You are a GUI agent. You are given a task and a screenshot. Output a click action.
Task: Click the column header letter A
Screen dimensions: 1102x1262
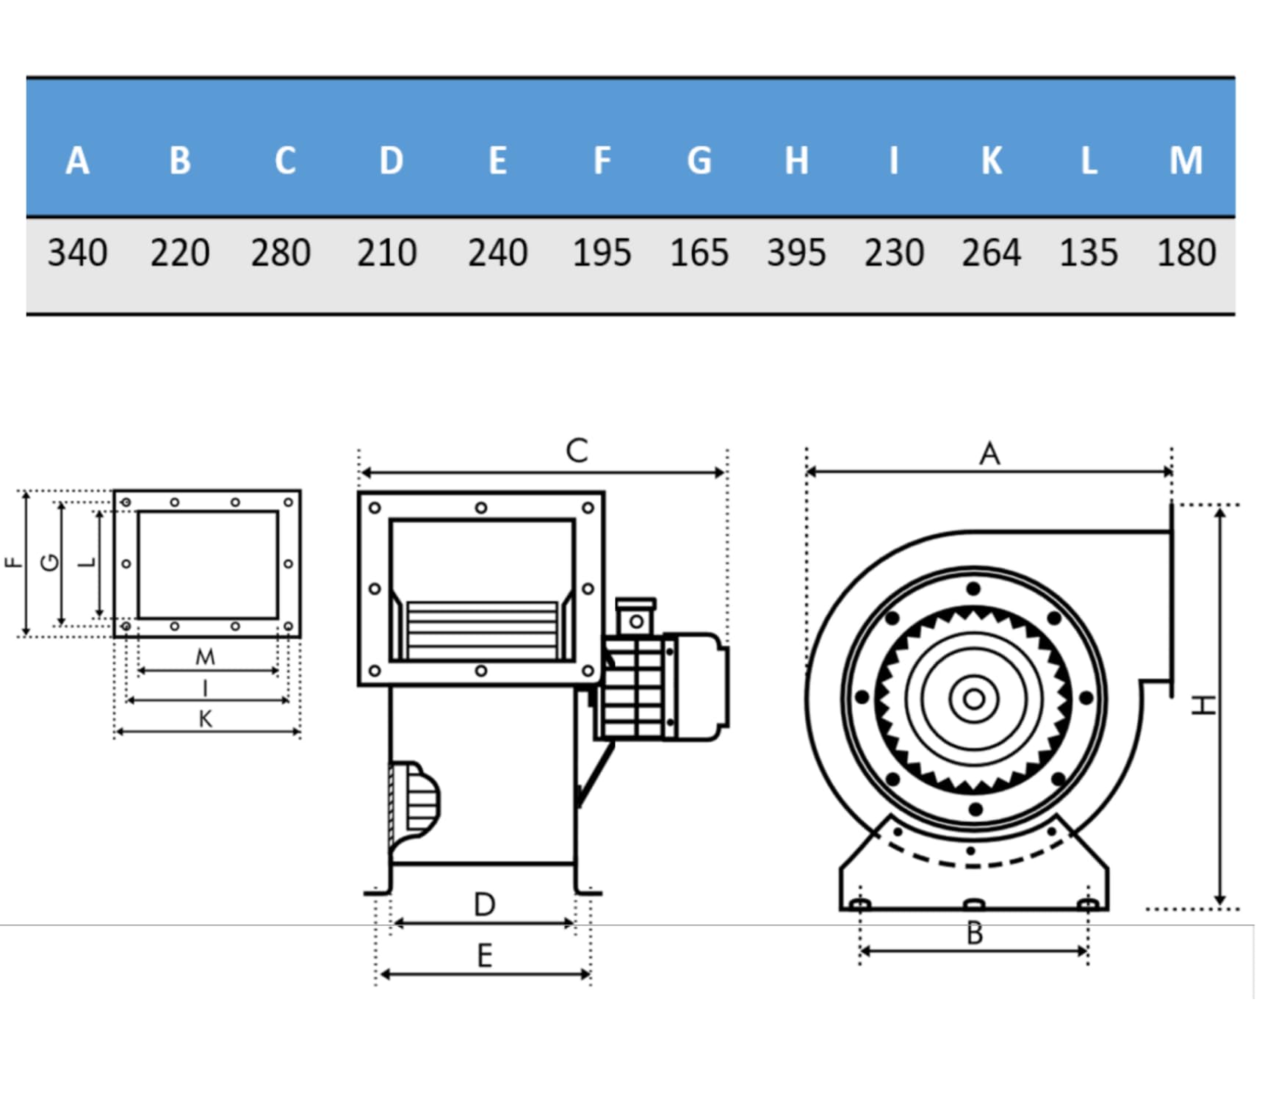coord(77,160)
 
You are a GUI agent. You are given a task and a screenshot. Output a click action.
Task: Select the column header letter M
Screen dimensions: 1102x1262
coord(1186,160)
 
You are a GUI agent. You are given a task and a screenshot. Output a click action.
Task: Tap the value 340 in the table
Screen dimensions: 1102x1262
coord(77,253)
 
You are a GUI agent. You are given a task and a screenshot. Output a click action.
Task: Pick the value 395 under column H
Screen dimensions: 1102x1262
coord(796,253)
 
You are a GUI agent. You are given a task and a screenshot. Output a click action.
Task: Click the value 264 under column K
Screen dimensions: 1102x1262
coord(991,253)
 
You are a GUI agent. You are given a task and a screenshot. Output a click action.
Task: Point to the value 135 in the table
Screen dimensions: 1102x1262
coord(1089,253)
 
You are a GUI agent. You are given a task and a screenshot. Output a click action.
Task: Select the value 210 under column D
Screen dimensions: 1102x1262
coord(387,253)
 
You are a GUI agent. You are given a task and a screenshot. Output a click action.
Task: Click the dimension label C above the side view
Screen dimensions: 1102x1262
coord(577,450)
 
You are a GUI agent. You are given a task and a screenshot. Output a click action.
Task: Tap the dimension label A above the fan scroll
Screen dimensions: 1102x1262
coord(989,453)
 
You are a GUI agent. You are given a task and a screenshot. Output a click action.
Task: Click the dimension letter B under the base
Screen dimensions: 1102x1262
coord(975,933)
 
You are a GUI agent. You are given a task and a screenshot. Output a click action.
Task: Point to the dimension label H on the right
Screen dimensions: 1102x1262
coord(1202,705)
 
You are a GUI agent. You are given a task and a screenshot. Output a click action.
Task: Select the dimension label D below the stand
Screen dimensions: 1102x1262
coord(484,904)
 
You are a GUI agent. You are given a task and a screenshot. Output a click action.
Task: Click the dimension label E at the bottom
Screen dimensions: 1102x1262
coord(484,956)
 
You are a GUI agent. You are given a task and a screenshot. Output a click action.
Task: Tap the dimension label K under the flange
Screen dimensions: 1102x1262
coord(206,719)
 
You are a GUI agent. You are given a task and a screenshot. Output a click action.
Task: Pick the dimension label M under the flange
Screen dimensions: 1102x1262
coord(205,656)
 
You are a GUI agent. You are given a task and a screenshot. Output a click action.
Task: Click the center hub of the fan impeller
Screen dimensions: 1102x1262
coord(974,699)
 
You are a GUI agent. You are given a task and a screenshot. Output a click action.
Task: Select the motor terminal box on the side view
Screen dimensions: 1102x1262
coord(635,617)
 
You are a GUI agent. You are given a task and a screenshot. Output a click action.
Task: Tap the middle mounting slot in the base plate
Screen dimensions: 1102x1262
coord(974,903)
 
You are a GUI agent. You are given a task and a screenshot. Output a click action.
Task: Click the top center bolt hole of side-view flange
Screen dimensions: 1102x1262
coord(480,508)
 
